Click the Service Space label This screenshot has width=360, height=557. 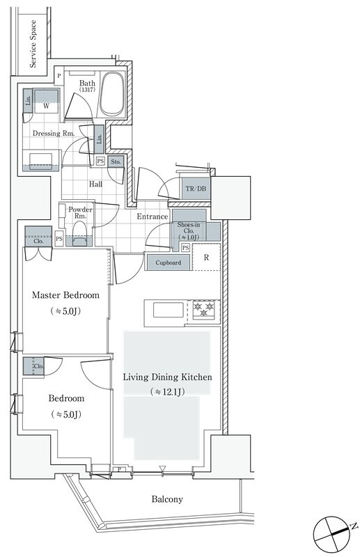click(33, 44)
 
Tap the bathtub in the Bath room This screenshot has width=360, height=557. click(112, 94)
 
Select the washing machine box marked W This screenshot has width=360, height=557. click(46, 101)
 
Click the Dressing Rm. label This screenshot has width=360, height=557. click(54, 134)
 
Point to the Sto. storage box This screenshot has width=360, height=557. click(116, 162)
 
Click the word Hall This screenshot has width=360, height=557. click(95, 184)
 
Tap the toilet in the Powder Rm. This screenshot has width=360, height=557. click(79, 234)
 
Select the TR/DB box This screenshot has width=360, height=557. click(196, 189)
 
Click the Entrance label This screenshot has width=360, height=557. click(152, 217)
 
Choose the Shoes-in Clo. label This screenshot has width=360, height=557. click(188, 231)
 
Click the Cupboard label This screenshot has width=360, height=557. click(168, 263)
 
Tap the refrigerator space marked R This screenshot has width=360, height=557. click(206, 257)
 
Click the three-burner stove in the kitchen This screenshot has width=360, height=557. click(203, 310)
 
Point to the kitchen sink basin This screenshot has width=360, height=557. click(169, 310)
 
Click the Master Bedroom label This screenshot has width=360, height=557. click(65, 295)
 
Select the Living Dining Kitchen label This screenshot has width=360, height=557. click(167, 377)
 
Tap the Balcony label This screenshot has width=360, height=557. click(167, 499)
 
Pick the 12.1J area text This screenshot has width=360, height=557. click(167, 392)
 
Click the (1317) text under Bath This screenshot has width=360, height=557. click(87, 90)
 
